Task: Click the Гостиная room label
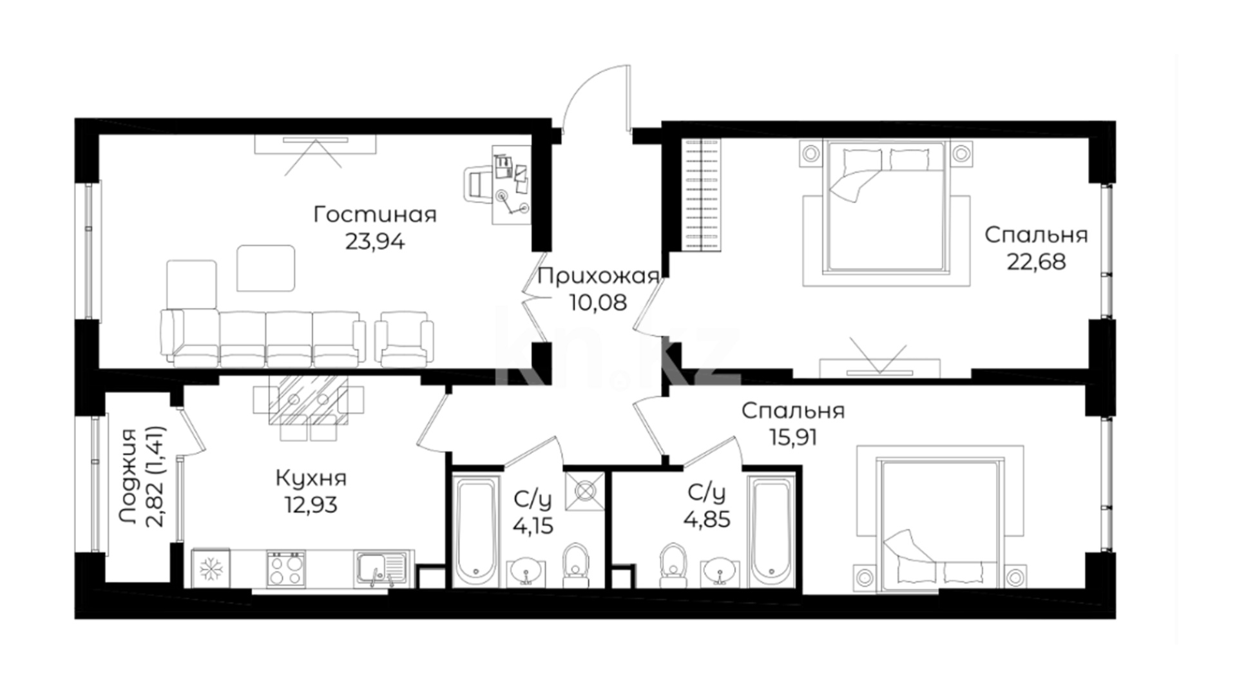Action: [375, 215]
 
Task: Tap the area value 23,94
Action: [375, 242]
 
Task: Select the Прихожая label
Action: [599, 276]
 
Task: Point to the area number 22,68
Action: [1036, 262]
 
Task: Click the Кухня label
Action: [311, 479]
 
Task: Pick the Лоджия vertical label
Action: [128, 476]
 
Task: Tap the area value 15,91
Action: [793, 438]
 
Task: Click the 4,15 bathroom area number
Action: [533, 527]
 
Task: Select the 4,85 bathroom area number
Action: [707, 519]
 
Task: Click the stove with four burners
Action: [286, 569]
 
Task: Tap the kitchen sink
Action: [380, 569]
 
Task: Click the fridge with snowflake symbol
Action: [210, 569]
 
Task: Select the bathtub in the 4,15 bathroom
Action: [476, 531]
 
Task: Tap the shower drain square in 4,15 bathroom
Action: [585, 491]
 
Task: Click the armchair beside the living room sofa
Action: [404, 338]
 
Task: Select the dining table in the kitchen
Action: [308, 400]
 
